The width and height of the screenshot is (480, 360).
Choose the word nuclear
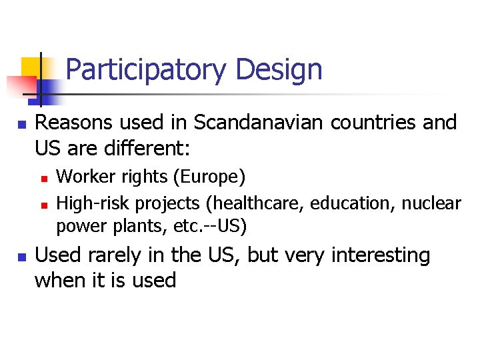click(x=431, y=201)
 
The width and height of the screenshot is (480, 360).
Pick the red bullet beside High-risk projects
click(x=43, y=203)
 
